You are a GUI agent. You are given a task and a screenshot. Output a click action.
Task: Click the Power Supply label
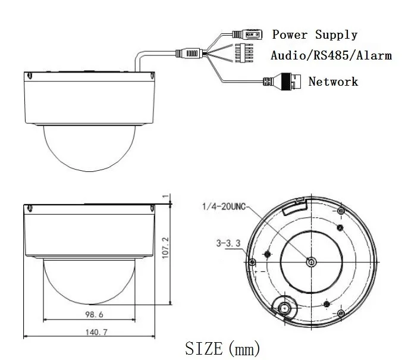click(x=315, y=35)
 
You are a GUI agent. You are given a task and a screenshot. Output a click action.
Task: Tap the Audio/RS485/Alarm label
click(x=331, y=55)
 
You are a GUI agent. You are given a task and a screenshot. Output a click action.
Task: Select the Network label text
click(x=333, y=82)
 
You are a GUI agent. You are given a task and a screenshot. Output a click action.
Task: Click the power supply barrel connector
click(x=247, y=35)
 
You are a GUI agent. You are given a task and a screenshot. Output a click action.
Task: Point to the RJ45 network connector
click(x=282, y=82)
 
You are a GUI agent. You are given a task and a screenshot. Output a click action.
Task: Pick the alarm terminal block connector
click(x=244, y=53)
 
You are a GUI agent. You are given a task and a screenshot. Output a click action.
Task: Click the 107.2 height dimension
click(x=165, y=248)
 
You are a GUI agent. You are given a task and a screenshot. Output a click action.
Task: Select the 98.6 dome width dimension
click(x=95, y=315)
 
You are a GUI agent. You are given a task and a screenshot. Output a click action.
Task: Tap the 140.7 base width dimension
click(x=96, y=332)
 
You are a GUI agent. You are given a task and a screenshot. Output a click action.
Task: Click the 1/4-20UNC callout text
click(x=224, y=206)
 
